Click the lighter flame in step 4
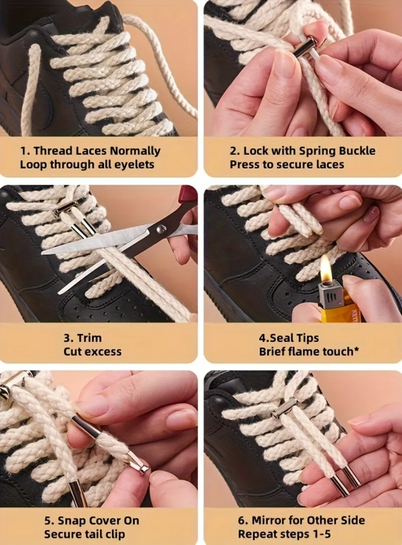pos(326,267)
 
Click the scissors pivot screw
pos(161,228)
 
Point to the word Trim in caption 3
pos(89,338)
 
